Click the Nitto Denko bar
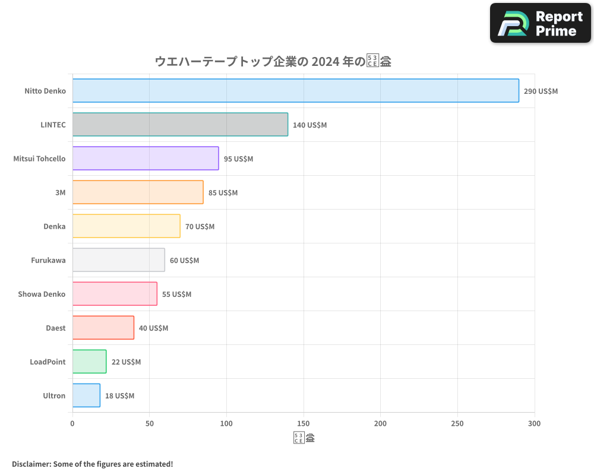click(295, 91)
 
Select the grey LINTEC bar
click(180, 125)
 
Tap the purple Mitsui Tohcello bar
click(146, 159)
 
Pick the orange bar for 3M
click(138, 192)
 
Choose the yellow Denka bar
click(126, 226)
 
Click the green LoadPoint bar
click(89, 362)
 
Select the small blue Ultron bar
click(86, 395)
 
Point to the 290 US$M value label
click(541, 91)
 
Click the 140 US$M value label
click(309, 125)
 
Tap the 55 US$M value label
click(176, 294)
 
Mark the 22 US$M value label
click(126, 362)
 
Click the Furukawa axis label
click(48, 260)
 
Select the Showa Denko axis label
click(42, 294)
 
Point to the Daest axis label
click(55, 328)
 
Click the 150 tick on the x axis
click(304, 423)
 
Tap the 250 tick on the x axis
click(457, 423)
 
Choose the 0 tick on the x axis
click(72, 423)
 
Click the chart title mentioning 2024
click(273, 61)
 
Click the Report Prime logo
click(540, 23)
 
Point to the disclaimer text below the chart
click(92, 464)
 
